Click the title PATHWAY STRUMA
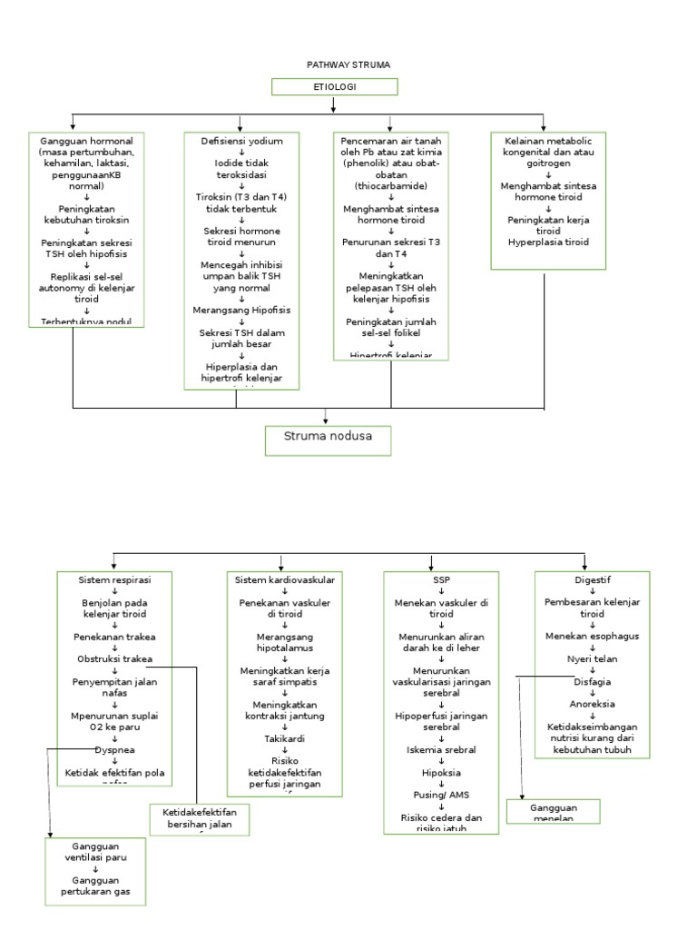click(335, 65)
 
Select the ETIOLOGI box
click(335, 87)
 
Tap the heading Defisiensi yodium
click(241, 141)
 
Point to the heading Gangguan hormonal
click(87, 141)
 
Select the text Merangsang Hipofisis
click(241, 310)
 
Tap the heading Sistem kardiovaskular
click(285, 579)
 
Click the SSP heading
click(441, 579)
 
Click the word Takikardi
click(285, 739)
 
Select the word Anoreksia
click(593, 704)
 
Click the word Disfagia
click(593, 681)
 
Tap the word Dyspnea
click(112, 750)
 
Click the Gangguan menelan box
click(555, 811)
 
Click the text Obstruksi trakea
click(114, 658)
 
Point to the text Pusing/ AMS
click(441, 795)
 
